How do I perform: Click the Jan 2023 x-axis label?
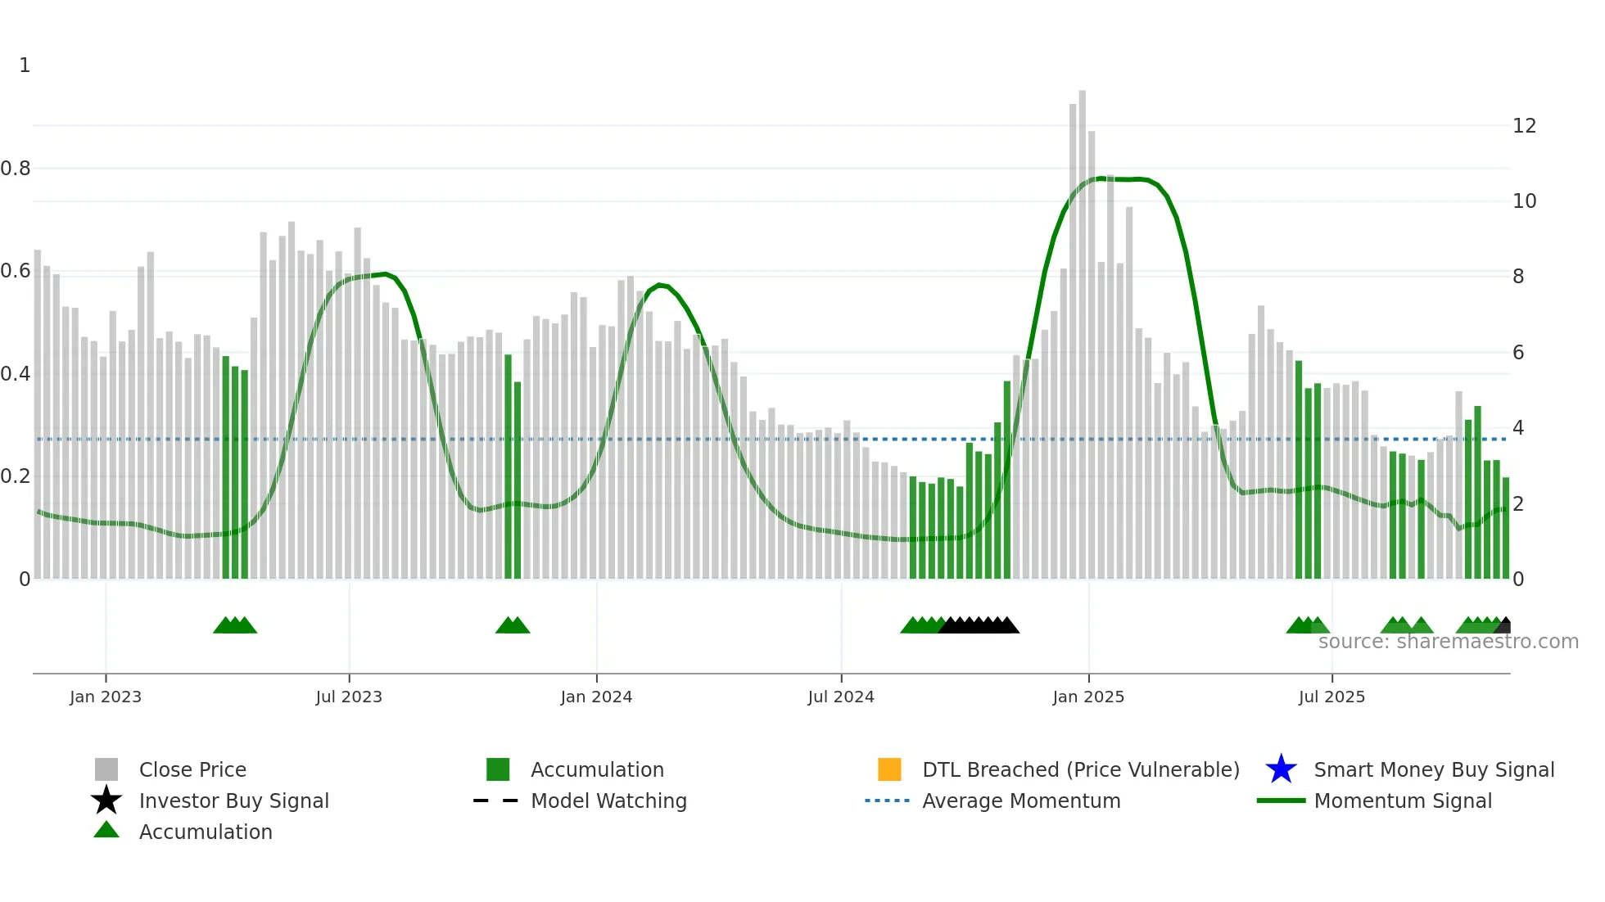click(105, 697)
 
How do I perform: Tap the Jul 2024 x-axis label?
click(840, 697)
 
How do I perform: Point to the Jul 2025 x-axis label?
click(1331, 697)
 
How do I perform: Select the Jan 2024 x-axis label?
click(596, 697)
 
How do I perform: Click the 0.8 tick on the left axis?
click(16, 169)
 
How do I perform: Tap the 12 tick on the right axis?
click(1524, 126)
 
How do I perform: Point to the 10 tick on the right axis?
click(1524, 201)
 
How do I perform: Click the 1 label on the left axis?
click(25, 65)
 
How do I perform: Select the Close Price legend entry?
click(192, 769)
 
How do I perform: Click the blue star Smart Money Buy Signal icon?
click(1281, 769)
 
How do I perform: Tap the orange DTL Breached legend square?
click(889, 769)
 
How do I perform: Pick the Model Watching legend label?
click(608, 801)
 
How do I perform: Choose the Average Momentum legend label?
click(1021, 801)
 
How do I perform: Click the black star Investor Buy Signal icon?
click(106, 801)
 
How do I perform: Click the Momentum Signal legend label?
click(1403, 801)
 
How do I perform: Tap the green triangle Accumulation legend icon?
click(106, 830)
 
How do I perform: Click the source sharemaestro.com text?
click(1448, 642)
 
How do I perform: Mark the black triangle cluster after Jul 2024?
click(979, 625)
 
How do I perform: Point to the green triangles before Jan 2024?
click(513, 625)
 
